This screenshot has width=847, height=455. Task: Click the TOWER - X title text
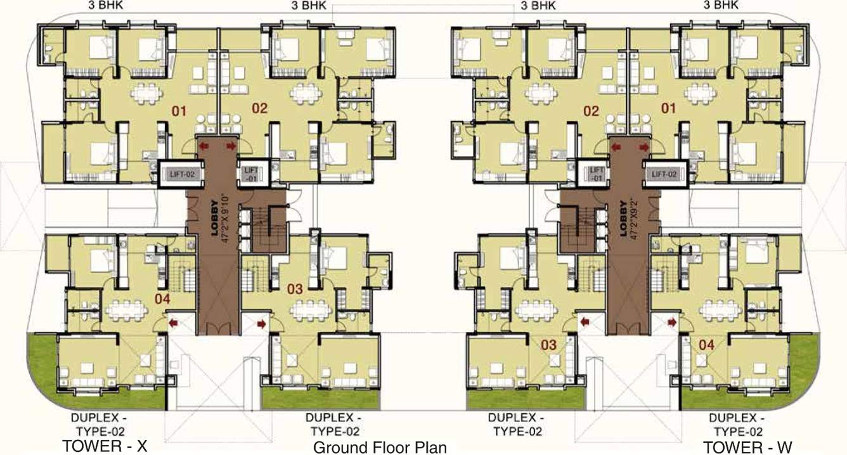click(105, 446)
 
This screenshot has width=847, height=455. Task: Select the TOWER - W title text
click(748, 446)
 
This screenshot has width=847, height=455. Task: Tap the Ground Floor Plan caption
click(380, 447)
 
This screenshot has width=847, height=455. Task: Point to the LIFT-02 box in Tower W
click(664, 173)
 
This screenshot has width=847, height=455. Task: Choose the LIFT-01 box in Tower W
click(596, 174)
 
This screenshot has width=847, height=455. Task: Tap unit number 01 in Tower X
click(179, 112)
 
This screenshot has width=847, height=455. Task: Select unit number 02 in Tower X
click(260, 108)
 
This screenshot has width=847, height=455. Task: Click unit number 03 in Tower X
click(295, 289)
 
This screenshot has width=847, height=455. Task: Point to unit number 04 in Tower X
click(163, 297)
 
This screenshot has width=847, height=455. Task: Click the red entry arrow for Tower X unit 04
click(172, 324)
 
